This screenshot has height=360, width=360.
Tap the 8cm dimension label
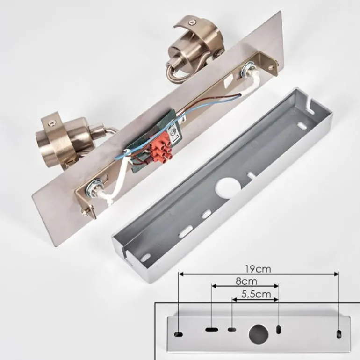pos(246,281)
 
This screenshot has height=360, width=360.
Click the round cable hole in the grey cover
pos(228,189)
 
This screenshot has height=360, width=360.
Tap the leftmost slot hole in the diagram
pos(179,334)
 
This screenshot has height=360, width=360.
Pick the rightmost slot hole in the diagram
pos(338,334)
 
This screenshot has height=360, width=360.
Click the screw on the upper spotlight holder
pos(192,22)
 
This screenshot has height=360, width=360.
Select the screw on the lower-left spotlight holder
pos(51,124)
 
